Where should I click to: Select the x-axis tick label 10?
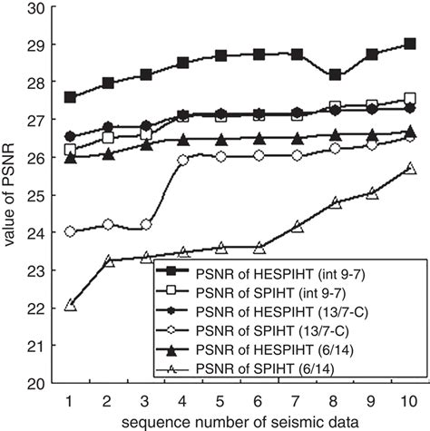point(409,400)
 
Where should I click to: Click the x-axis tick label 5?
point(220,400)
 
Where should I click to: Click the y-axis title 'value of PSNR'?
point(12,196)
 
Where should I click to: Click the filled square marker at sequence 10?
point(409,44)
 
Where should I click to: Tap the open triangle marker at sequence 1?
point(71,305)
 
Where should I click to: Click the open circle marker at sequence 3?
point(146,224)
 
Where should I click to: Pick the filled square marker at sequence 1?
point(71,96)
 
